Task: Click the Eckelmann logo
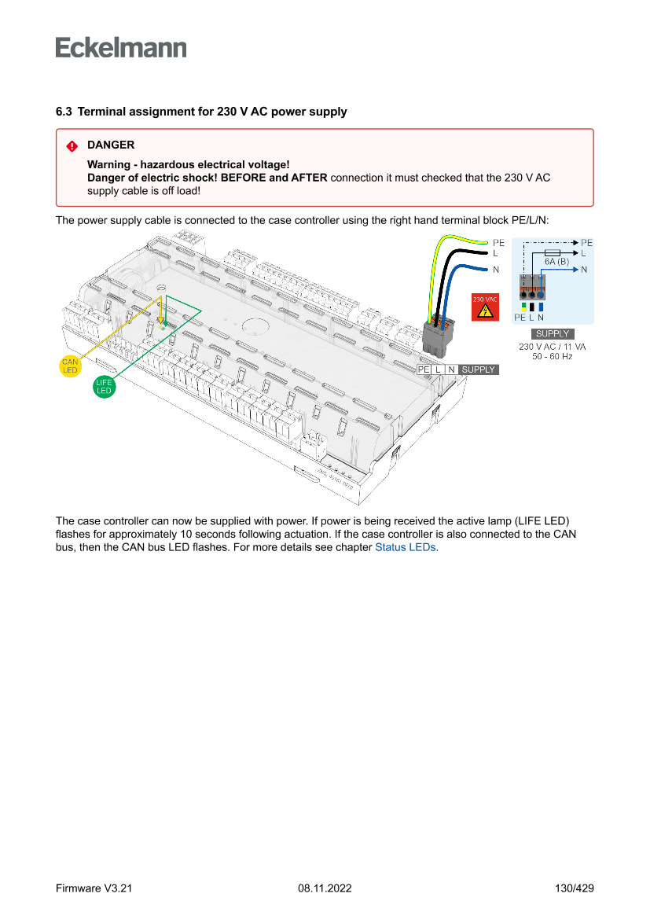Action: click(x=121, y=48)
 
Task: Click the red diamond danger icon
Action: click(x=72, y=145)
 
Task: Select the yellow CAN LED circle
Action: click(x=70, y=366)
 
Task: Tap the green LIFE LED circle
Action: click(x=104, y=386)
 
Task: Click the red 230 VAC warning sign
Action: click(x=484, y=307)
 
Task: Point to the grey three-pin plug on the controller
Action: click(x=436, y=336)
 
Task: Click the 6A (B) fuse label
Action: click(x=556, y=260)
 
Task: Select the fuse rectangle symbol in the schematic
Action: click(x=552, y=252)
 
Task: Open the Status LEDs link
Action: click(x=406, y=547)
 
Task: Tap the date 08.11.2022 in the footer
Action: click(x=325, y=888)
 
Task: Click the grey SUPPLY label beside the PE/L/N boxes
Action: click(x=479, y=369)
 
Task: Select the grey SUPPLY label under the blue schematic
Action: click(x=553, y=334)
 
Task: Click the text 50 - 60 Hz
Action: click(x=553, y=357)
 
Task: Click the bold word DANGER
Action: click(x=111, y=145)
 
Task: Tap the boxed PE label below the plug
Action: click(x=424, y=369)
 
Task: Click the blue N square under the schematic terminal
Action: click(x=542, y=307)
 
